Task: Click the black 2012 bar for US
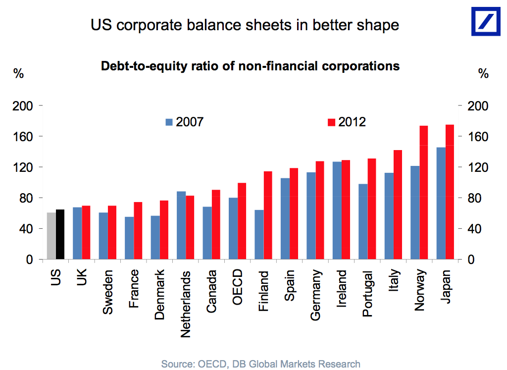(x=60, y=234)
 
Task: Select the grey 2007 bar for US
(x=51, y=236)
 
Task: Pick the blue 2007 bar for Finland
(x=258, y=235)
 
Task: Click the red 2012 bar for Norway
(x=424, y=193)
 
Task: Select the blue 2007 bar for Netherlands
(x=181, y=225)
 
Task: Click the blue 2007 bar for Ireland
(x=337, y=211)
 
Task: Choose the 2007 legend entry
(x=184, y=122)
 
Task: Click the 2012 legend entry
(x=346, y=122)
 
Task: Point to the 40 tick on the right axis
(x=478, y=229)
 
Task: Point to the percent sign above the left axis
(x=18, y=74)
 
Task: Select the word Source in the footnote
(x=177, y=364)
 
